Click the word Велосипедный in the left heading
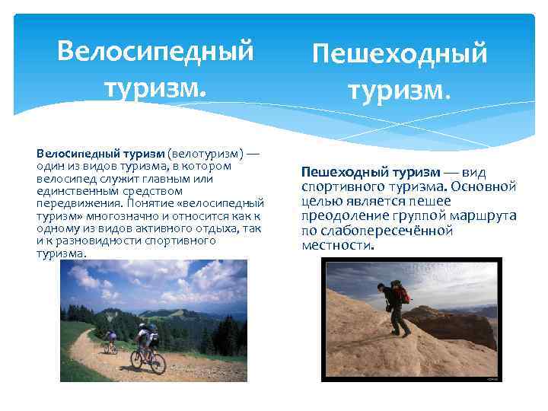[x=155, y=51]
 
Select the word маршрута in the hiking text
[x=485, y=216]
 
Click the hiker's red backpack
[x=400, y=293]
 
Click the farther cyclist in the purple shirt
[x=111, y=339]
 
